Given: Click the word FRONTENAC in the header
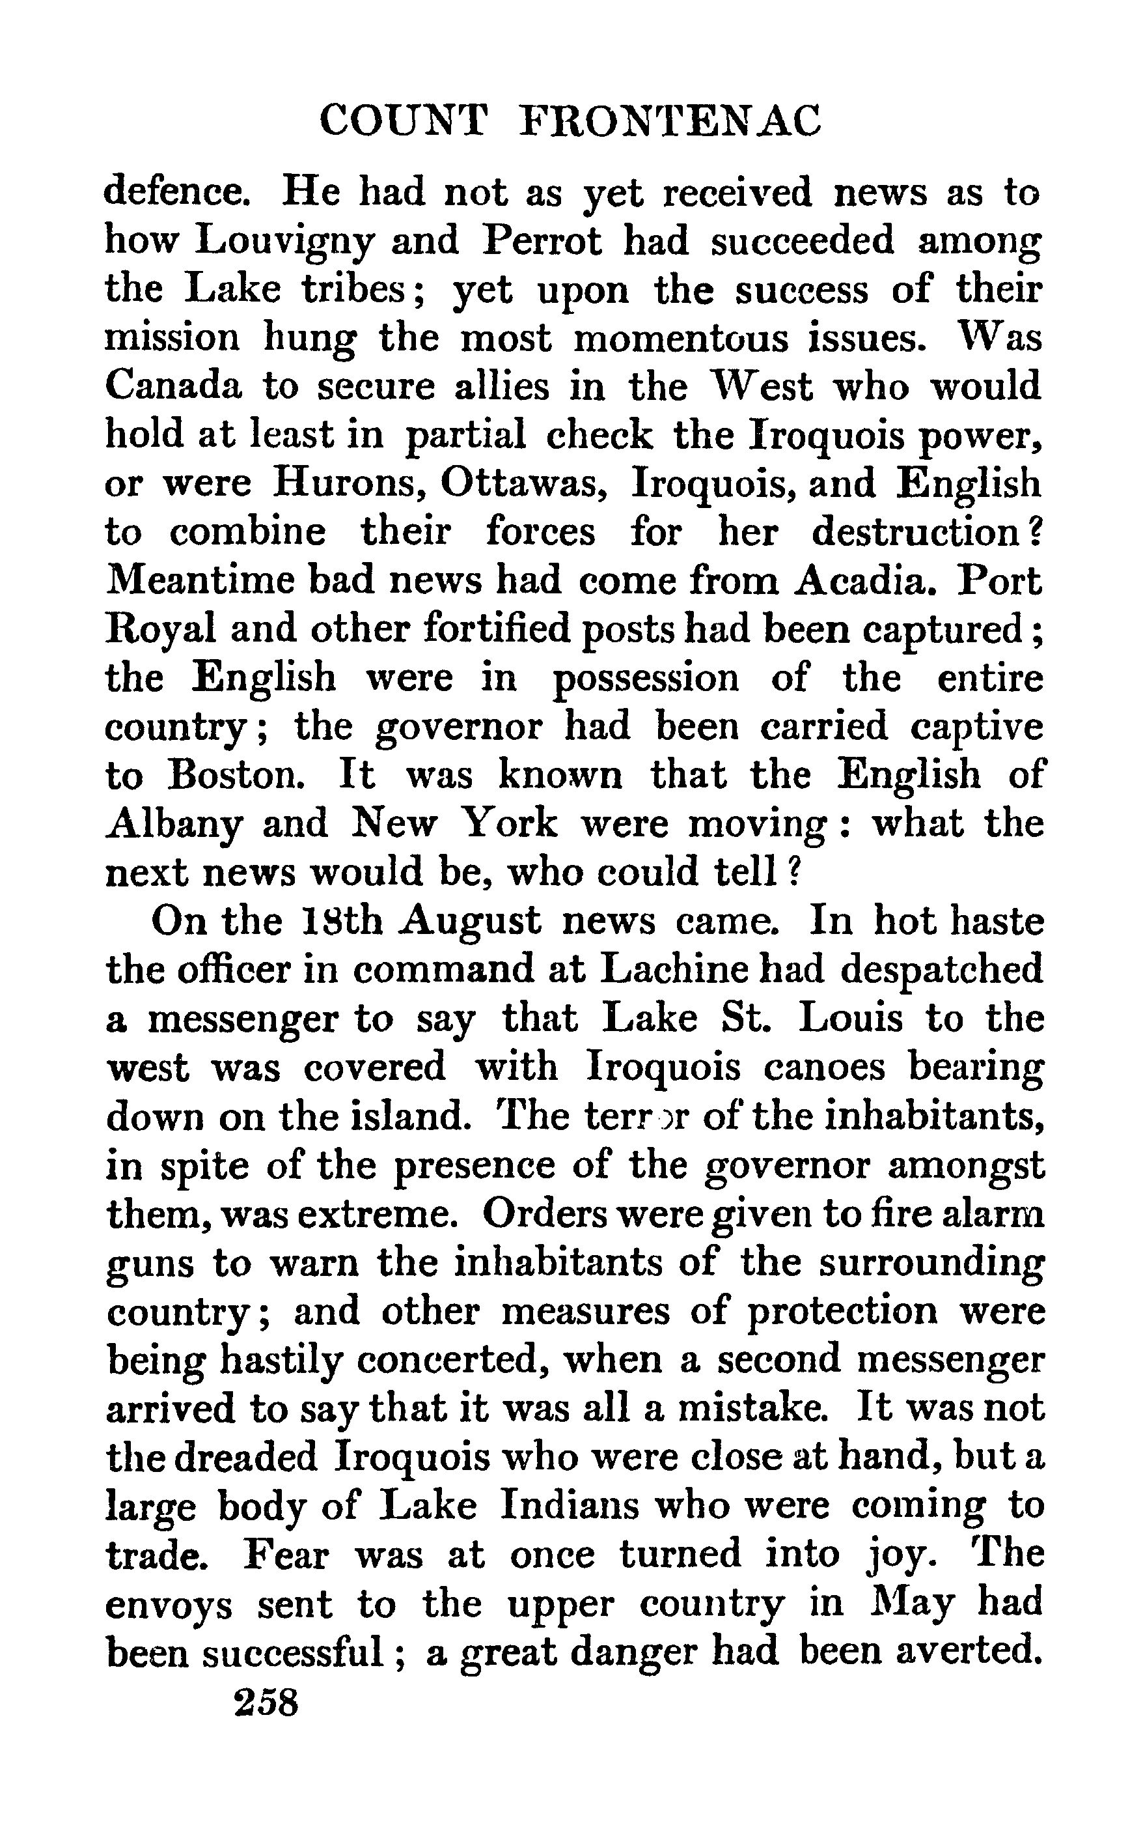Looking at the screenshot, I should (x=671, y=121).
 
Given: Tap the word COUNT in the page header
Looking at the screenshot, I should (x=402, y=121).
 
